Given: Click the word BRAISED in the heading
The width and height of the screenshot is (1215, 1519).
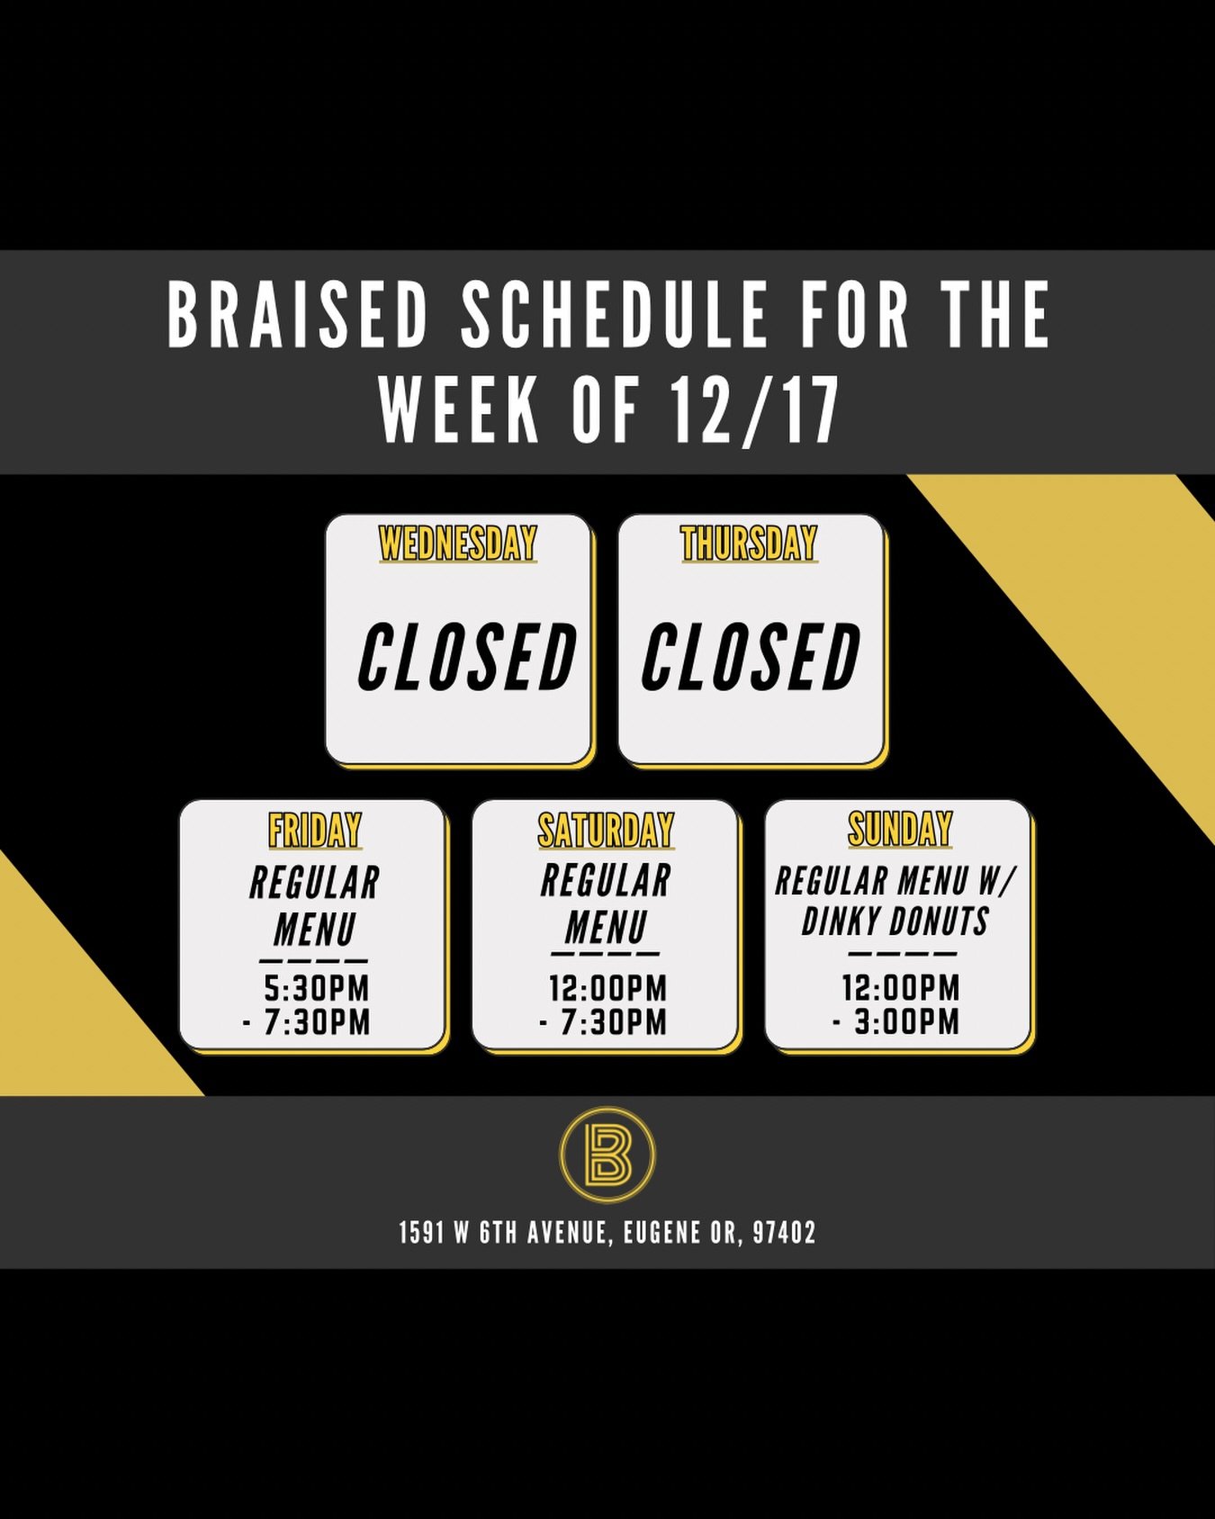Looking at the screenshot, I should [x=296, y=315].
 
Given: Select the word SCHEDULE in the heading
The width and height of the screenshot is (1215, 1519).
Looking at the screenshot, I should [x=614, y=315].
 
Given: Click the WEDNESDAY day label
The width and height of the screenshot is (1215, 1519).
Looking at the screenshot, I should [x=458, y=544].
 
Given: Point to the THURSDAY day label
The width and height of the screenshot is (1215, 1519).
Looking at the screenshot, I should [x=749, y=544].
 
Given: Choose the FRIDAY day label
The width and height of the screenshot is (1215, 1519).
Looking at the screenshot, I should [x=315, y=830].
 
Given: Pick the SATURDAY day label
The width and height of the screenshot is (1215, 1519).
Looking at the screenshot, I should [x=606, y=830].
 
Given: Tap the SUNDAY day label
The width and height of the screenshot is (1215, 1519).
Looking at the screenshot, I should [x=899, y=829].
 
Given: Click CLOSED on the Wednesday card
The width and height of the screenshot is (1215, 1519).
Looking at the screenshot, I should [x=466, y=658].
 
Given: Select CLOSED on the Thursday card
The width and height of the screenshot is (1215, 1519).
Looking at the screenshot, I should [x=751, y=658].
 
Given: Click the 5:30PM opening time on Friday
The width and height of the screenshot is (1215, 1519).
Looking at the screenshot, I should [x=317, y=988].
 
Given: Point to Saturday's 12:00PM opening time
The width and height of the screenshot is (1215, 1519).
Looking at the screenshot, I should [x=607, y=988].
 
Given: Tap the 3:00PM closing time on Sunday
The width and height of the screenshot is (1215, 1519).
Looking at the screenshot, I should [x=906, y=1022].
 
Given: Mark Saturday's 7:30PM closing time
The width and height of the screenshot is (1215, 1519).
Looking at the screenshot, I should [x=613, y=1022].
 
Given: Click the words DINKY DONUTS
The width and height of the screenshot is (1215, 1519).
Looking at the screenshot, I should [x=895, y=921].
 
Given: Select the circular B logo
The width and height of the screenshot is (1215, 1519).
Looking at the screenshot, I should [x=607, y=1155].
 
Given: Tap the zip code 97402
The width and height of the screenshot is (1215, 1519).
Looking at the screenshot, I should [x=784, y=1232].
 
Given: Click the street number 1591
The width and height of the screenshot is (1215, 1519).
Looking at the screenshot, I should [x=421, y=1232].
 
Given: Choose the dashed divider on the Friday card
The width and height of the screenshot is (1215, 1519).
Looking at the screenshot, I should [x=313, y=961].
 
